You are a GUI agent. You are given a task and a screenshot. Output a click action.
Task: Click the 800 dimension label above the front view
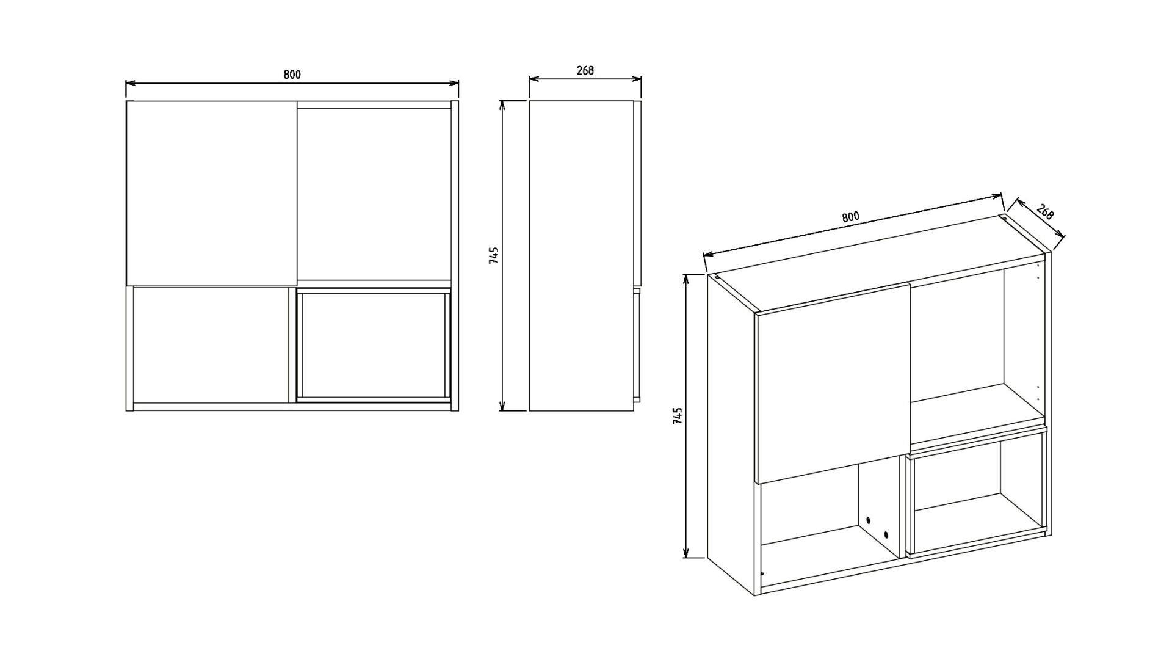292,75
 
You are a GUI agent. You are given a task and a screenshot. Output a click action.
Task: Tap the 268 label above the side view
585,70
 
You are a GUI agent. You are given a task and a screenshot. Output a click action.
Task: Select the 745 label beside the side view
494,255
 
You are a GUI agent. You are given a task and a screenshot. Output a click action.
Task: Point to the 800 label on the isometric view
850,217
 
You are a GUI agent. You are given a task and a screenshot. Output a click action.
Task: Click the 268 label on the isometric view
1045,212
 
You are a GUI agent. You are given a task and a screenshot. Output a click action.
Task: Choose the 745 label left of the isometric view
677,416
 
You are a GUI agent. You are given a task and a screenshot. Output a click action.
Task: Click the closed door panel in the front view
211,193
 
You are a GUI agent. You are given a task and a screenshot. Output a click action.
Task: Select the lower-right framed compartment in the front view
374,344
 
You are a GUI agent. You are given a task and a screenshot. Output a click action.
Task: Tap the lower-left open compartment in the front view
211,345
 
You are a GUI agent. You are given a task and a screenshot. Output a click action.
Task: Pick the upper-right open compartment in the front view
374,195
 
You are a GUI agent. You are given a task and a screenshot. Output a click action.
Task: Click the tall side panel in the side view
581,255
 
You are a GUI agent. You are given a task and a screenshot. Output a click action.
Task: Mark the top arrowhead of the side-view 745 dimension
503,105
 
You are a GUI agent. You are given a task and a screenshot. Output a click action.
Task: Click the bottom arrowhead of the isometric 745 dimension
686,553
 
